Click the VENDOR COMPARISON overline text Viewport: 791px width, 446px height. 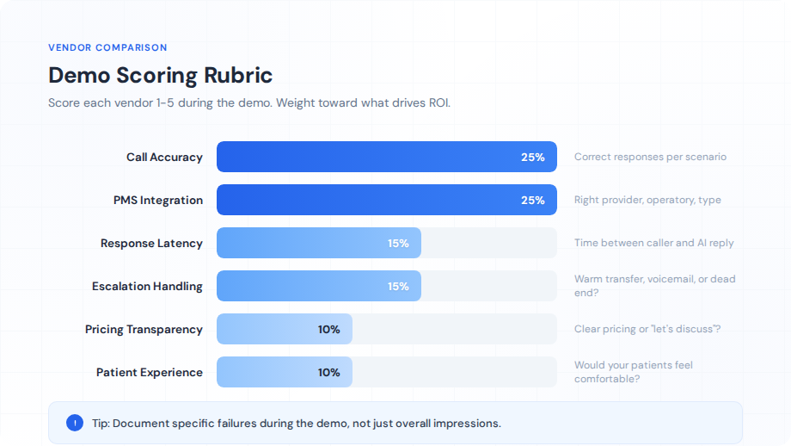pos(107,47)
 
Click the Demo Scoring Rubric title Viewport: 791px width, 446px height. pos(160,75)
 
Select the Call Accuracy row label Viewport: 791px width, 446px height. pos(164,157)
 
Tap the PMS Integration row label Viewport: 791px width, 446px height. pos(158,200)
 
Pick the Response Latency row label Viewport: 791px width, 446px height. pos(151,243)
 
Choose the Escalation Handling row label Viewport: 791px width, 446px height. pos(147,286)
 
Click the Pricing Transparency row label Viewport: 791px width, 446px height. pos(144,329)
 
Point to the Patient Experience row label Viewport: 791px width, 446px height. pos(150,372)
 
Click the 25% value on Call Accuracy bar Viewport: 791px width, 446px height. pos(532,157)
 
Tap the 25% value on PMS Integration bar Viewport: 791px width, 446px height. pos(532,200)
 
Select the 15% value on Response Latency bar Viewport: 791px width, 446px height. pos(398,243)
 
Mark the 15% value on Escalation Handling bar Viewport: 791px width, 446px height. pos(398,286)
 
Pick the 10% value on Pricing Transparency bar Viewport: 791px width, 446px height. pos(328,329)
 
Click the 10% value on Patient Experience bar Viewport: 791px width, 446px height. pos(328,372)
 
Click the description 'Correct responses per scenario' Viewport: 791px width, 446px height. pos(650,157)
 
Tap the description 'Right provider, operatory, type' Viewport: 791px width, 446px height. pos(647,200)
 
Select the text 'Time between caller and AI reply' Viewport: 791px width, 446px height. pos(653,243)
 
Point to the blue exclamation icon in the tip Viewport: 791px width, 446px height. pos(75,423)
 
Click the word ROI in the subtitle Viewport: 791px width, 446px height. pos(438,102)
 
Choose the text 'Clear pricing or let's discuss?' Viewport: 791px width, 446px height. pos(647,329)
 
